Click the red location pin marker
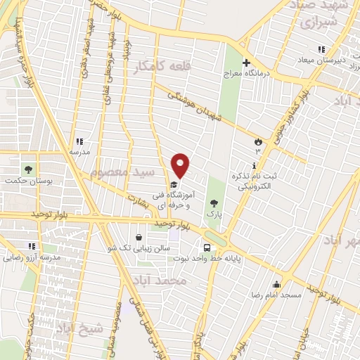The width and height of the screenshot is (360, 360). tap(181, 166)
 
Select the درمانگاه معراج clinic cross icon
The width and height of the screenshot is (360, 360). tap(246, 63)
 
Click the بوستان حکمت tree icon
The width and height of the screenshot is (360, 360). tap(29, 169)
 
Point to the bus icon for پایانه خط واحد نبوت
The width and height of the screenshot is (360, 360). tap(207, 247)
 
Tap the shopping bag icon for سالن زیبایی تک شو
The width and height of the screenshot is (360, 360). tap(139, 236)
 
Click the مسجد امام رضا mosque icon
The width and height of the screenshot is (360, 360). tap(277, 285)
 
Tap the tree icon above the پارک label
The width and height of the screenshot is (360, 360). tap(214, 202)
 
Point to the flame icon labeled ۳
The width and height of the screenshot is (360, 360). tap(258, 142)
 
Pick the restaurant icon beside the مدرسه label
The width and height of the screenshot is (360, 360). tap(79, 141)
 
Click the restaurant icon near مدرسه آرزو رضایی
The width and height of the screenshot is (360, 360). tap(32, 246)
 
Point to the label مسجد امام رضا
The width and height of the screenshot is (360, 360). tap(278, 296)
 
